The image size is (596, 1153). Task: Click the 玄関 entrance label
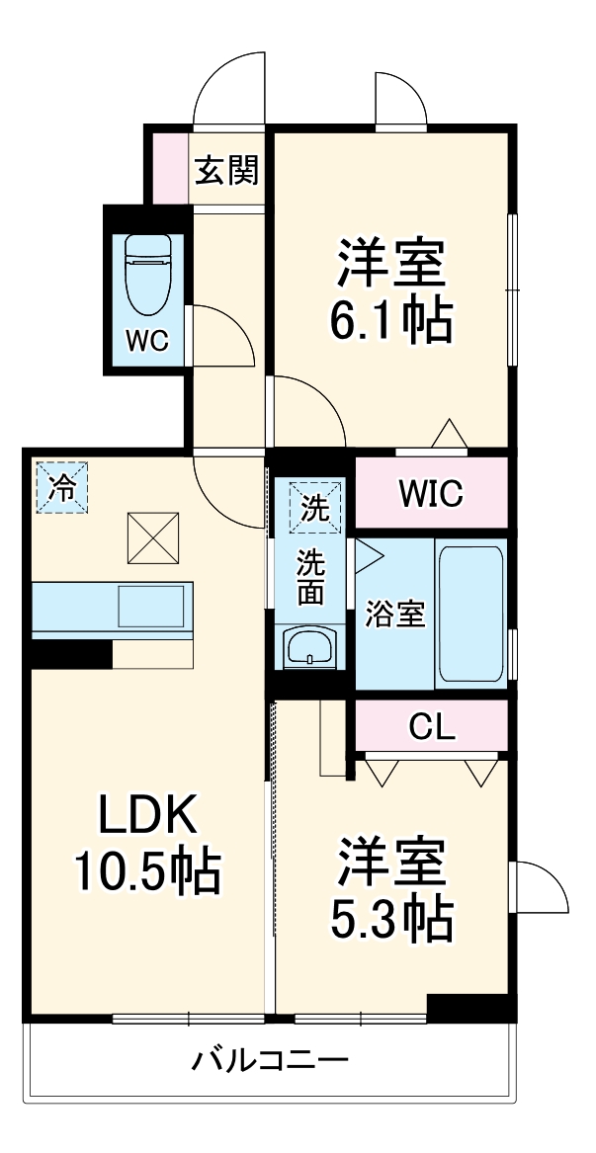(x=225, y=171)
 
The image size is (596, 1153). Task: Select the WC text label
(x=148, y=341)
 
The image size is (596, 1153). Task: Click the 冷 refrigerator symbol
(x=61, y=487)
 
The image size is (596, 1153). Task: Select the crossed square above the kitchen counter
(x=152, y=537)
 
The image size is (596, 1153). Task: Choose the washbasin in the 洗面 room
(x=310, y=649)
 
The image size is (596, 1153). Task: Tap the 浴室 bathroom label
(x=396, y=614)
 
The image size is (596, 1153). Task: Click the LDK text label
(x=148, y=816)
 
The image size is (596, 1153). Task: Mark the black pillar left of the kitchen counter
(x=69, y=653)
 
